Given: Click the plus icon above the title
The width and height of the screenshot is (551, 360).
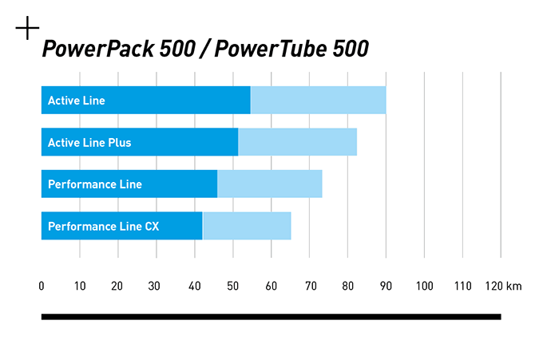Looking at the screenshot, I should (27, 30).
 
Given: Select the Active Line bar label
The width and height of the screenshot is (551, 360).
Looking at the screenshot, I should (77, 101).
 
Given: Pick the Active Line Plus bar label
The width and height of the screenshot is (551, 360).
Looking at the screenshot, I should (89, 143).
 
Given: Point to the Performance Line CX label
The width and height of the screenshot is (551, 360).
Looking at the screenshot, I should (104, 227).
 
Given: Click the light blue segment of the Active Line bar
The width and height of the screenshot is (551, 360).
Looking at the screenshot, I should (318, 101).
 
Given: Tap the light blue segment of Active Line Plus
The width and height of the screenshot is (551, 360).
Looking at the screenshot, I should (297, 143).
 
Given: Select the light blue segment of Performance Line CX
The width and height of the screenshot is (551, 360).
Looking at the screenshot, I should (247, 227).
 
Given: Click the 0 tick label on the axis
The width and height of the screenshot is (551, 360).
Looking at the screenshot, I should (42, 287).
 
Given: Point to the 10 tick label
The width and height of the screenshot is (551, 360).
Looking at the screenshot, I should (79, 287).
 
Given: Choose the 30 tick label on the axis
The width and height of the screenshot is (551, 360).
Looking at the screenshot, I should (156, 287).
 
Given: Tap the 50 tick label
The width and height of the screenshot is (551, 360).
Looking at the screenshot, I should (232, 287).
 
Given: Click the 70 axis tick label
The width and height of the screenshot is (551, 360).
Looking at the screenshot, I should (309, 287).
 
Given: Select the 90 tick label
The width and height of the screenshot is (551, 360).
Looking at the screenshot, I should (386, 287).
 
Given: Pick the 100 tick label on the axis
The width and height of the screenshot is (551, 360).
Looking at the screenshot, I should (424, 287).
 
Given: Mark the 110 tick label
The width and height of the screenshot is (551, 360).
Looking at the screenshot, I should (462, 287).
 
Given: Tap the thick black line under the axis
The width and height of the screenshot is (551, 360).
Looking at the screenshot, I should (271, 317).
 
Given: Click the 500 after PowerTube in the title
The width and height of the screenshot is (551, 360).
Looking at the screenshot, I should (351, 49).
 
